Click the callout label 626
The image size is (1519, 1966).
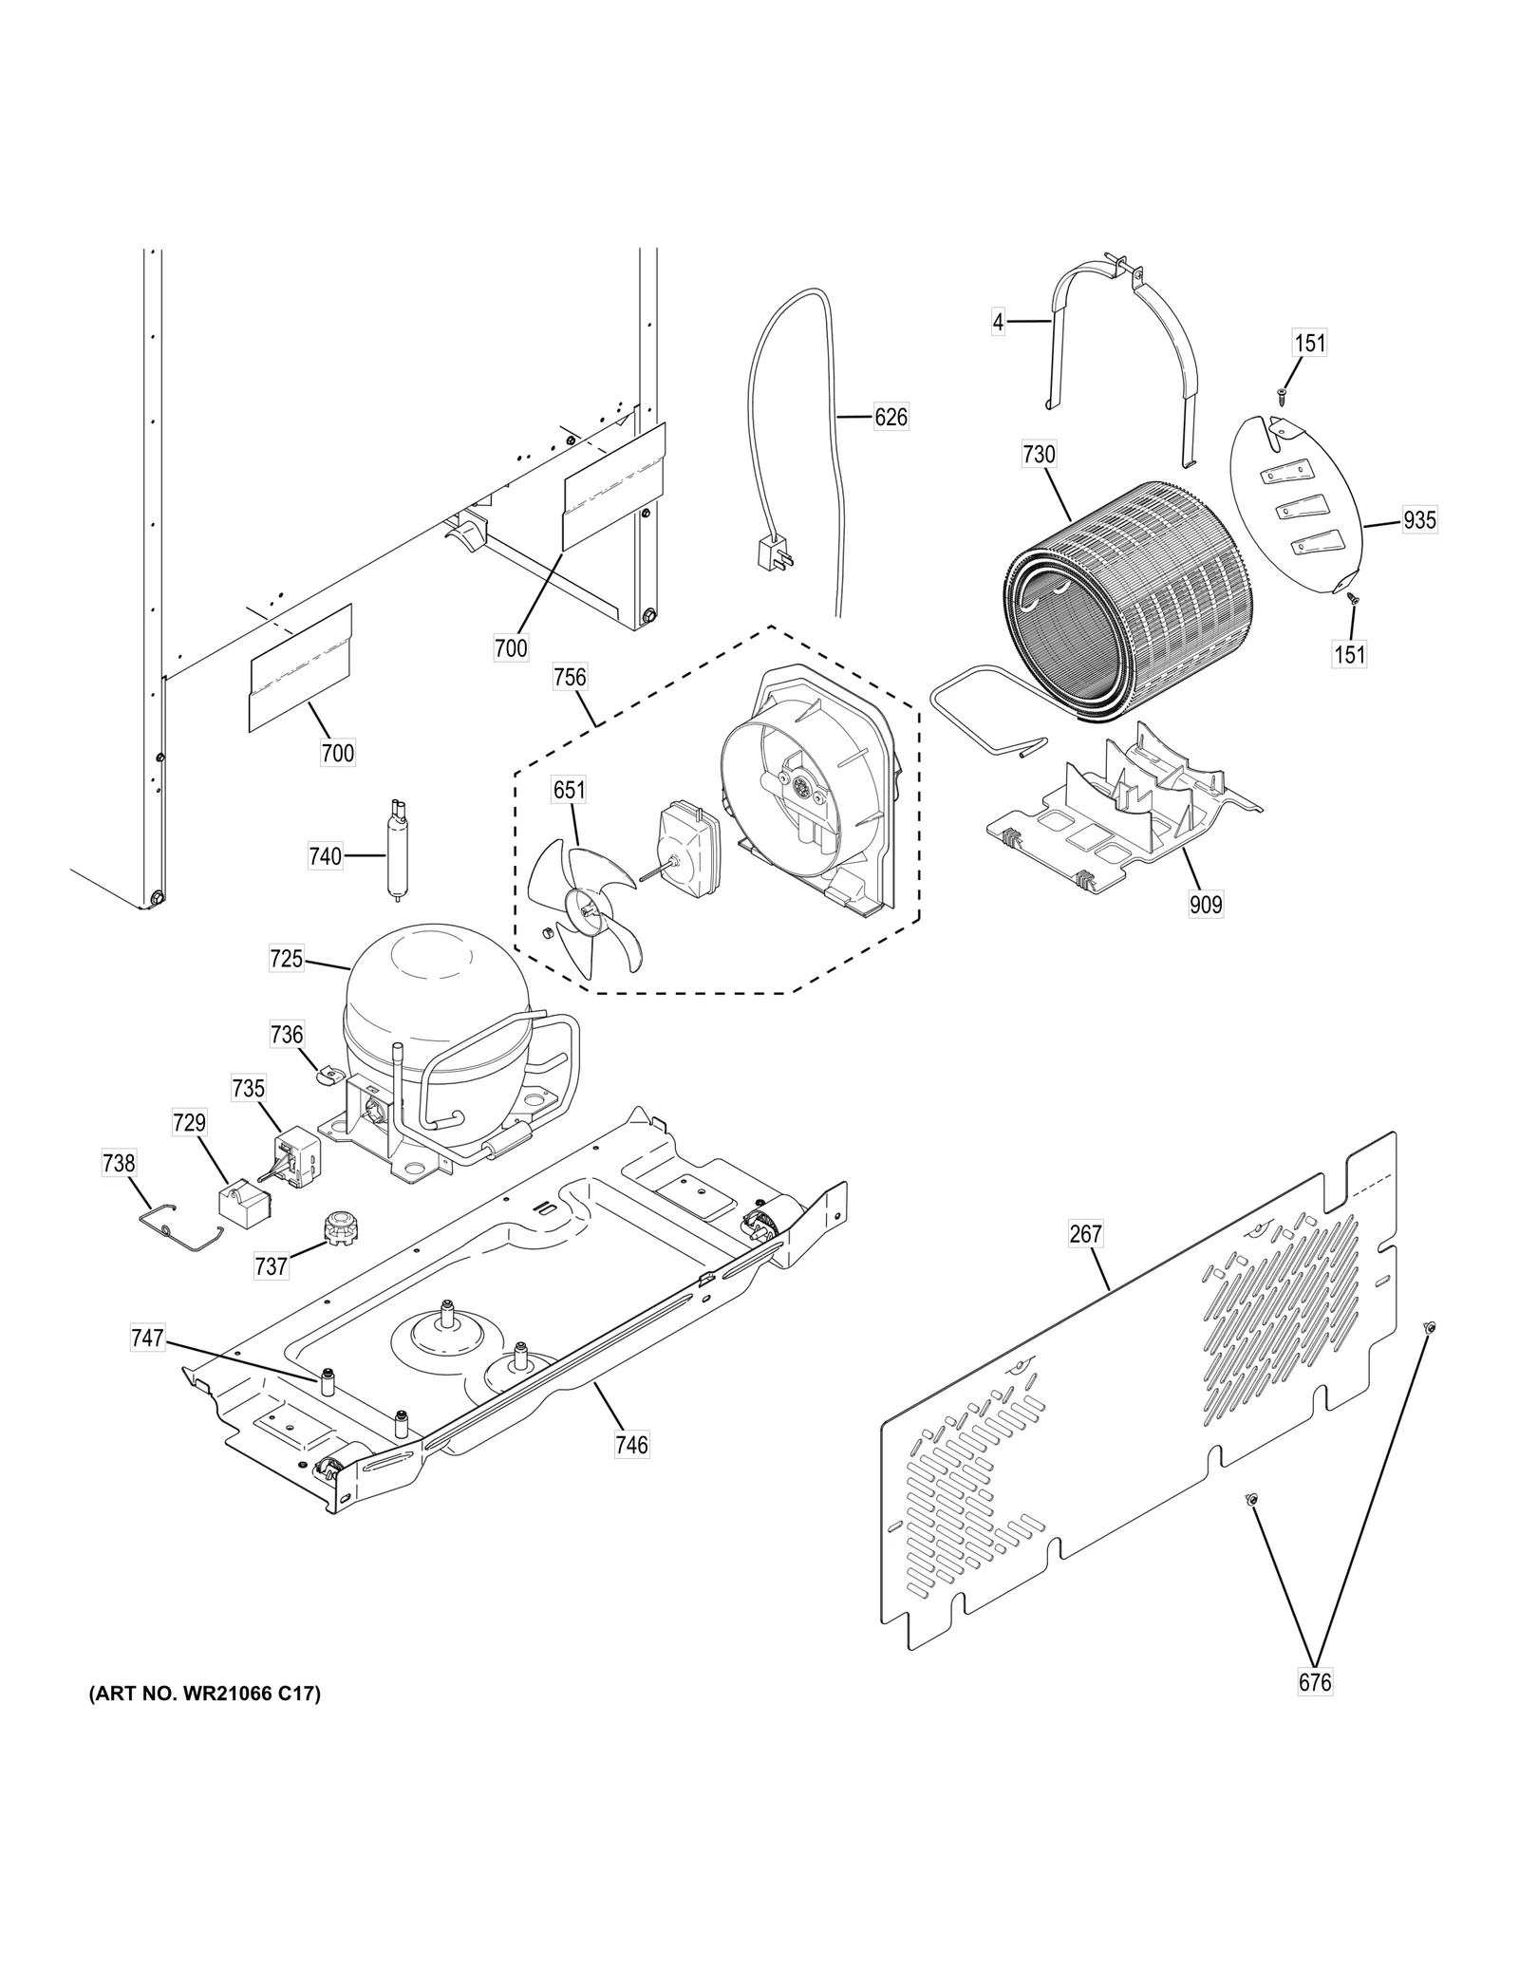click(890, 417)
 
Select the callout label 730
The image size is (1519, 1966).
click(1039, 455)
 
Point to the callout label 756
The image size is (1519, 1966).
click(570, 678)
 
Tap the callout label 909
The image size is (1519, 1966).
click(1206, 905)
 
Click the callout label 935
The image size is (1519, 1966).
click(1419, 520)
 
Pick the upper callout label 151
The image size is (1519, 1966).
click(1309, 343)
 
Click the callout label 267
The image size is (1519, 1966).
click(1085, 1233)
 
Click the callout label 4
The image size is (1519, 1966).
click(997, 323)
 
